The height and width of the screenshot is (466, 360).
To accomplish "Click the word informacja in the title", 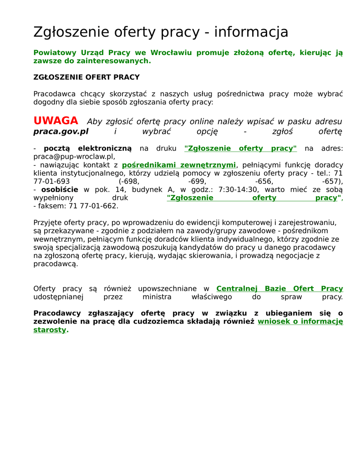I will (251, 32).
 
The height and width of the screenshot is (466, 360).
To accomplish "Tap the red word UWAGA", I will (56, 121).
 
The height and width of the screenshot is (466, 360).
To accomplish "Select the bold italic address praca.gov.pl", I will (61, 132).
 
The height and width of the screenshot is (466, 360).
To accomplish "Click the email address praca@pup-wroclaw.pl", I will (73, 157).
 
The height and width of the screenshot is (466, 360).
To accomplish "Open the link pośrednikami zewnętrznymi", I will (179, 165).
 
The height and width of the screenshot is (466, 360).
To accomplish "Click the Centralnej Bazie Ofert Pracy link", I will (279, 289).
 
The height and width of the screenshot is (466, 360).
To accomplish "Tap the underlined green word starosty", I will (50, 330).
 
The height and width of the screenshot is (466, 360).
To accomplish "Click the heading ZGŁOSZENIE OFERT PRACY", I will (86, 77).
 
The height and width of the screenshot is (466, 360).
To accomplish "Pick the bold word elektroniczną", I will (104, 148).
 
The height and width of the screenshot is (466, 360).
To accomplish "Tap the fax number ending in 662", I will (93, 206).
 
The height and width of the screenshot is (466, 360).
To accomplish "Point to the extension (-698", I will (129, 181).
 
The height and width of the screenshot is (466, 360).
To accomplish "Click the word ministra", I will (157, 297).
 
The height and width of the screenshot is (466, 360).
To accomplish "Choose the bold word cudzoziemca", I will (181, 322).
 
